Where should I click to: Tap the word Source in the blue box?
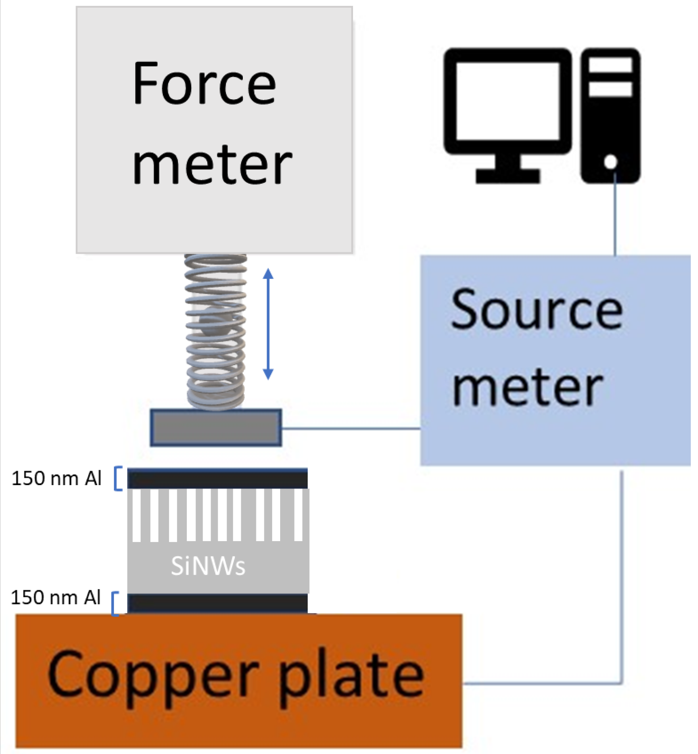tap(537, 310)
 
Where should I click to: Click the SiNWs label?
tap(208, 566)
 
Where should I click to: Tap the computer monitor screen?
tap(508, 101)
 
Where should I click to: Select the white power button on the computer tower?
tap(611, 162)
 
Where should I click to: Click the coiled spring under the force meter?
tap(216, 331)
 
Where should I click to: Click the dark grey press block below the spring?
tap(216, 427)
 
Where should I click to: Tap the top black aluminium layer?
tap(217, 479)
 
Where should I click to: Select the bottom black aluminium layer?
tap(217, 603)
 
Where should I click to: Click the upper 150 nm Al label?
tap(56, 479)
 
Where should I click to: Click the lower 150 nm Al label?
tap(56, 598)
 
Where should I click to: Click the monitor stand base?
tap(508, 176)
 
